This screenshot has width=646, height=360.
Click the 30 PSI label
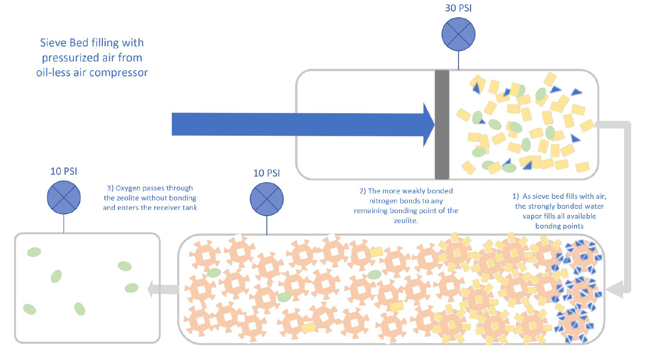point(458,8)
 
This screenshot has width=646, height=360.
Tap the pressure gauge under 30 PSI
point(458,34)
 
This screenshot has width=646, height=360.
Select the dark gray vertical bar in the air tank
point(442,124)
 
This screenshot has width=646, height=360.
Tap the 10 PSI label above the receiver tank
point(64,171)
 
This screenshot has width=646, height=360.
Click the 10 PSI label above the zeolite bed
point(267,173)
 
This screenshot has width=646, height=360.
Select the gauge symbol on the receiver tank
point(64,198)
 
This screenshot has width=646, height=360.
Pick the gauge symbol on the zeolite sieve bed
point(267,199)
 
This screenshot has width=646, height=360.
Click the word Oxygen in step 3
point(128,188)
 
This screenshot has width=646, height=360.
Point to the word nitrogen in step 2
point(383,201)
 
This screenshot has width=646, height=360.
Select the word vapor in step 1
point(532,216)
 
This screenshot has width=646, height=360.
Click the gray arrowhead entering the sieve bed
point(614,289)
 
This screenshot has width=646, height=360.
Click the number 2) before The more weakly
point(362,191)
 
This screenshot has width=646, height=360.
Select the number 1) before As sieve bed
point(515,196)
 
